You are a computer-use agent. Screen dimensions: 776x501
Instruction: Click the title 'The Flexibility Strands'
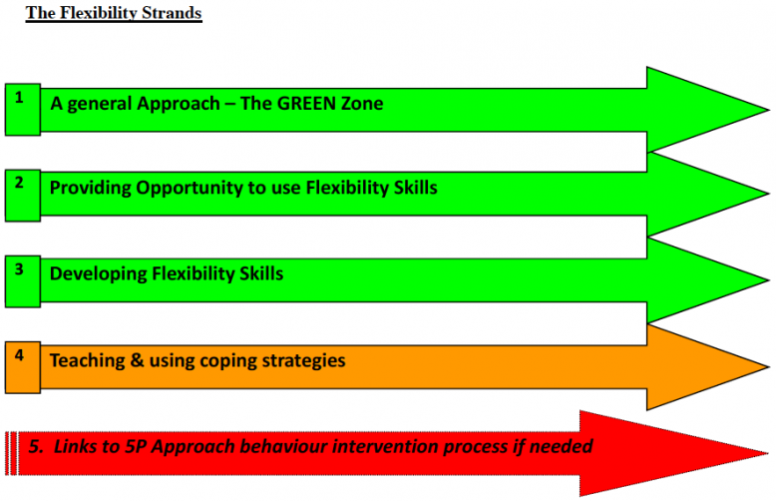(x=114, y=13)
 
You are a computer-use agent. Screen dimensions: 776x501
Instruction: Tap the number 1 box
(x=23, y=110)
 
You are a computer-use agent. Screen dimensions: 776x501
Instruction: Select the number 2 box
(x=23, y=195)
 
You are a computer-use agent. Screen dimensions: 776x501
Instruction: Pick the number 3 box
(x=23, y=281)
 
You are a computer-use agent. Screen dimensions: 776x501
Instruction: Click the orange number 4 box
(x=23, y=367)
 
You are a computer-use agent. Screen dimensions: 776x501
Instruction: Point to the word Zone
(x=362, y=104)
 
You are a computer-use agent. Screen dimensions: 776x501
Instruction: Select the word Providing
(x=90, y=189)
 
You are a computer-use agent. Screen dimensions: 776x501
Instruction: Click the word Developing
(x=98, y=274)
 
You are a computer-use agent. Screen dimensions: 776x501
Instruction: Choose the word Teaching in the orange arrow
(x=87, y=360)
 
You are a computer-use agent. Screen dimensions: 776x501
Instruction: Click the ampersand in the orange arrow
(x=137, y=360)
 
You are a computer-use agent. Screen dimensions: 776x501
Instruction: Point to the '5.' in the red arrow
(x=36, y=446)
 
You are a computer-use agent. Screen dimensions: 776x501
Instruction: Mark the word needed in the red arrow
(x=561, y=446)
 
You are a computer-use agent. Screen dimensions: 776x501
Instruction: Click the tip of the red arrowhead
(x=768, y=453)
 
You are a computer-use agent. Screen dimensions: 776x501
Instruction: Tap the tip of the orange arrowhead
(x=769, y=367)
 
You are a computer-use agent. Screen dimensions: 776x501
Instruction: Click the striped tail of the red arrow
(x=11, y=453)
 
